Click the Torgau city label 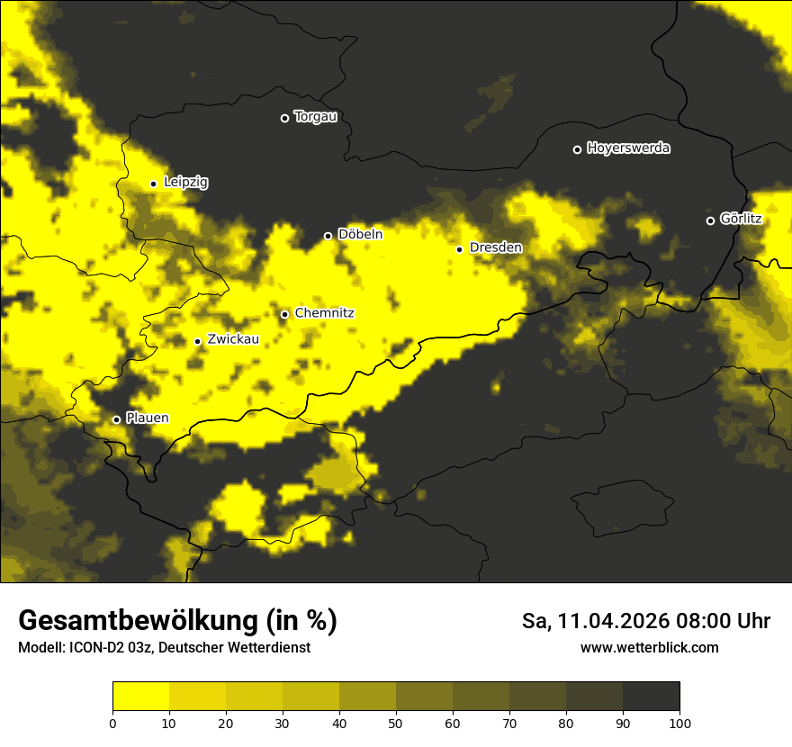(x=315, y=117)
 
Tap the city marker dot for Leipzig (x=153, y=184)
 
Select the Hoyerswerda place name (x=628, y=148)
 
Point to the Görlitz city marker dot (x=710, y=220)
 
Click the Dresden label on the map (x=495, y=247)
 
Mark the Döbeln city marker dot (x=328, y=236)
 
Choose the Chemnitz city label (x=324, y=313)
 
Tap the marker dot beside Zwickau (x=197, y=341)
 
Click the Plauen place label (x=147, y=418)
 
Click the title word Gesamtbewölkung (x=139, y=621)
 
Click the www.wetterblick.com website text (x=649, y=647)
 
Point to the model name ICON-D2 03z (x=112, y=648)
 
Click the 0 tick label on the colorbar (x=112, y=723)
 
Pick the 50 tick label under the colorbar (x=396, y=723)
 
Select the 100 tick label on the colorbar (x=679, y=723)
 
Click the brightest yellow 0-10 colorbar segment (x=140, y=696)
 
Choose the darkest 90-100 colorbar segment (x=651, y=696)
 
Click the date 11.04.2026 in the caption (x=610, y=621)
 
